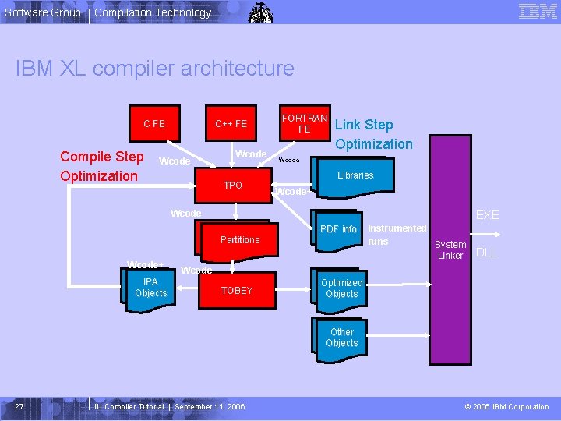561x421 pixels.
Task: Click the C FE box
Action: point(153,123)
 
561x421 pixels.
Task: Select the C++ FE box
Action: point(231,123)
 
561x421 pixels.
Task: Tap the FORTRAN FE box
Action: point(305,123)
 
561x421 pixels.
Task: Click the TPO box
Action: point(233,186)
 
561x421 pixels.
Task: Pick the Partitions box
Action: point(240,239)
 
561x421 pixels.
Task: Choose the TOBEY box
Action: point(237,290)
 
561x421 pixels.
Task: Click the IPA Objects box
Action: point(150,288)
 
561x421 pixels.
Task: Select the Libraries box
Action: point(355,175)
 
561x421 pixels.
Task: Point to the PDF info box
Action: point(338,229)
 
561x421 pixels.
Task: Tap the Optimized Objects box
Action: point(342,288)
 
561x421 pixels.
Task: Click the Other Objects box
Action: point(342,338)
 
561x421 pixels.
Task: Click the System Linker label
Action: point(450,249)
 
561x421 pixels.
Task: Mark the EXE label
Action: point(487,214)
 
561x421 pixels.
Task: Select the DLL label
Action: point(486,253)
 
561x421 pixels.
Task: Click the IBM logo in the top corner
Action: point(538,11)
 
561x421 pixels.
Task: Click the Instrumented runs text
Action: point(397,235)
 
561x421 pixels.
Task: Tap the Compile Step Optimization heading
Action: point(102,166)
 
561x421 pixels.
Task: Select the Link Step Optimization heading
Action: point(373,134)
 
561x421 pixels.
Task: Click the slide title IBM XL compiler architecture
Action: point(155,69)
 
